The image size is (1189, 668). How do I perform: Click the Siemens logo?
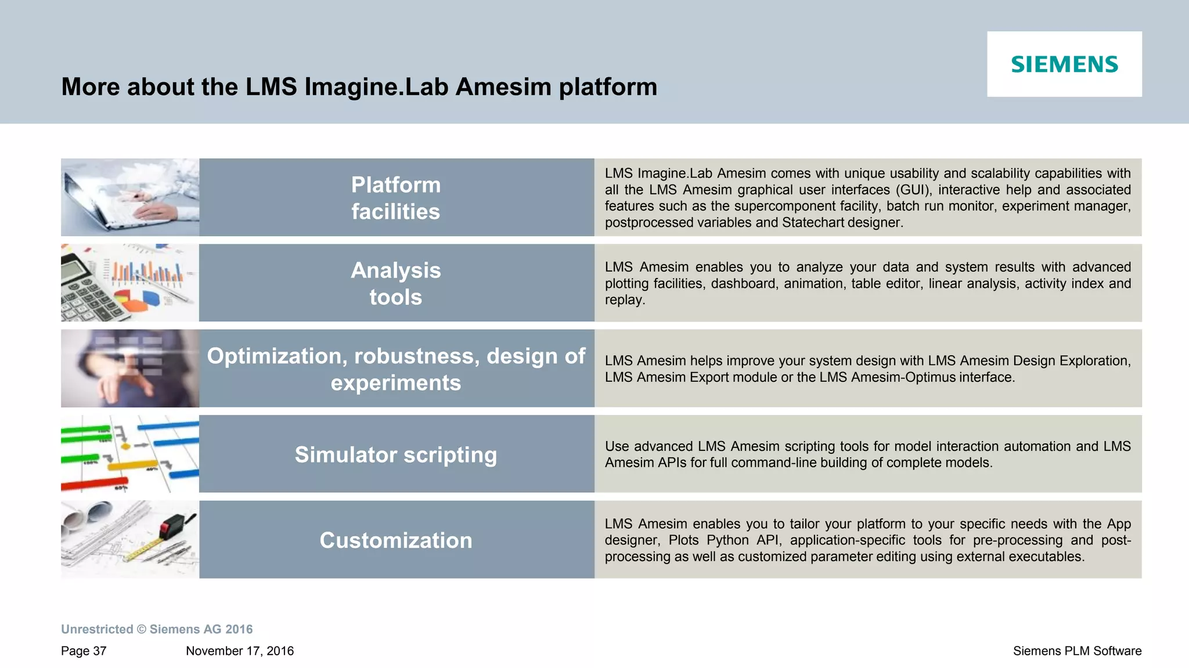click(x=1064, y=64)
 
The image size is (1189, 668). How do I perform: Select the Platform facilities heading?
click(x=396, y=198)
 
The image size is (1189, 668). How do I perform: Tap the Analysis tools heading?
click(x=396, y=284)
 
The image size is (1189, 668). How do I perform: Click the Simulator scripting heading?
click(x=396, y=454)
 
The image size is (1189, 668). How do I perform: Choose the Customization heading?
click(x=396, y=540)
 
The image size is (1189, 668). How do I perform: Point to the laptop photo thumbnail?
click(x=130, y=197)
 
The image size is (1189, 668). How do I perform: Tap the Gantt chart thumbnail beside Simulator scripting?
click(x=130, y=454)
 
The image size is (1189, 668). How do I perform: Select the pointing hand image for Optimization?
click(x=130, y=369)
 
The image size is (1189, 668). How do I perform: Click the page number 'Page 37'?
click(x=84, y=651)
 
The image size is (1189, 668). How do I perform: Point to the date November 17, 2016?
click(x=240, y=651)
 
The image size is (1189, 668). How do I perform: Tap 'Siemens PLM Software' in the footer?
click(x=1077, y=651)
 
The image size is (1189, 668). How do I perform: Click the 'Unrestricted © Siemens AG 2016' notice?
click(x=157, y=629)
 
